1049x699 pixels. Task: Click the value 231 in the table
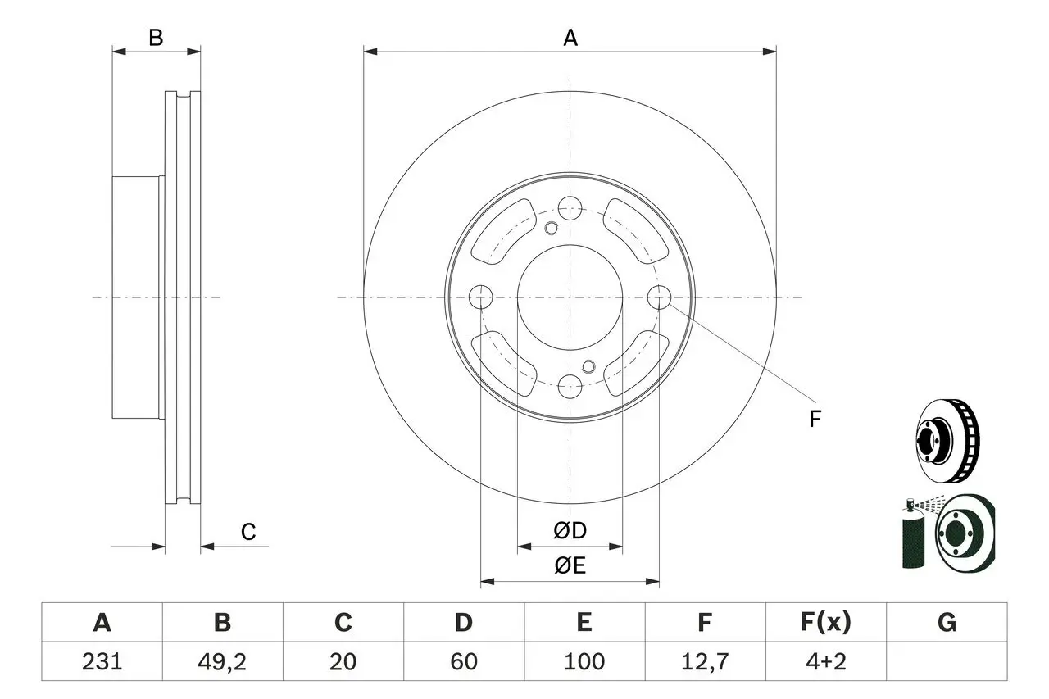[x=102, y=661]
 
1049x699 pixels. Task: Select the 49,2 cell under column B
[x=222, y=662]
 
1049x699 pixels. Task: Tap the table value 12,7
[x=705, y=662]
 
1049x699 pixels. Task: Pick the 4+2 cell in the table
[x=826, y=661]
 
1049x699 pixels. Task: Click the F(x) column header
[x=825, y=623]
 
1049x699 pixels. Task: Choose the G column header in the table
[x=947, y=623]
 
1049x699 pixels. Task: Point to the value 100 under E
[x=584, y=661]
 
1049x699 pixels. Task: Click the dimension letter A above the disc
[x=570, y=38]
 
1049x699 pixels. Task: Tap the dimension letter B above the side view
[x=156, y=38]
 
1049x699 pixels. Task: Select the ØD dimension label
[x=570, y=530]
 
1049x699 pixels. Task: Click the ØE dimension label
[x=570, y=565]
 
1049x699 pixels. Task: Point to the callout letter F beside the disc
[x=815, y=419]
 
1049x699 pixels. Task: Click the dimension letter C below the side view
[x=248, y=532]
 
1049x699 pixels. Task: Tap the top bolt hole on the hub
[x=570, y=208]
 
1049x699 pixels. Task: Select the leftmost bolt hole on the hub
[x=480, y=297]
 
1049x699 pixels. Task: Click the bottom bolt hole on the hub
[x=570, y=387]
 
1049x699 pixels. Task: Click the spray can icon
[x=914, y=534]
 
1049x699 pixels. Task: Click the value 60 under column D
[x=464, y=661]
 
